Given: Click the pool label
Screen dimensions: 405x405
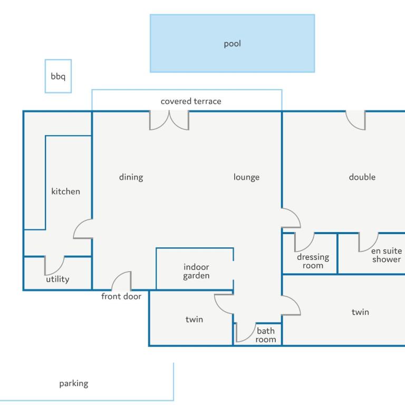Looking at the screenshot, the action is [232, 44].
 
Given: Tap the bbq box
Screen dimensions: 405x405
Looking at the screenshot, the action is [58, 76].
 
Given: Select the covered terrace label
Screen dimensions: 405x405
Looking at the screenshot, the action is [191, 101].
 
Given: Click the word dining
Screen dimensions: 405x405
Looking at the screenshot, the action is [131, 177].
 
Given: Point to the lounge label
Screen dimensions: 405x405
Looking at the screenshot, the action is [246, 177].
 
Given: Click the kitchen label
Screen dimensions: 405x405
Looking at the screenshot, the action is [65, 191].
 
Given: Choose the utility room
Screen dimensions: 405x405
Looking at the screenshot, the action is [57, 274].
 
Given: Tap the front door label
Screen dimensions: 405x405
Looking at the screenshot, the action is [121, 296].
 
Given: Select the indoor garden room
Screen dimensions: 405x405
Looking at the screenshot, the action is [195, 269].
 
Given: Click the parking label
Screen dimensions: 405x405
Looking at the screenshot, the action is [74, 383].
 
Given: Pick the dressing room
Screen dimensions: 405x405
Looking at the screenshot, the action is [310, 253].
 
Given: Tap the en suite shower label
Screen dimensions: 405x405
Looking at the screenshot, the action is [387, 255].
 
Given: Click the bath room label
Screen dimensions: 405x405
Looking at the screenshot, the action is [266, 335].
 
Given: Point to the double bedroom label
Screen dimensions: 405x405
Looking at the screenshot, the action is [362, 177].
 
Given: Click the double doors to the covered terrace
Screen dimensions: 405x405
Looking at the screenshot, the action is [169, 120].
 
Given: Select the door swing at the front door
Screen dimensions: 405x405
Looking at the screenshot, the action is [121, 281].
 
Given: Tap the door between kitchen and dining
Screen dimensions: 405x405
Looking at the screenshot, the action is [83, 228].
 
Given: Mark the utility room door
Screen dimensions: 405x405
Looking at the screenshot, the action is [54, 266].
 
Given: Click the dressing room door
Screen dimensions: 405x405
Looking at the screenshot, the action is [304, 242].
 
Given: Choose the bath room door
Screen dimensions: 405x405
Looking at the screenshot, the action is [246, 332].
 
